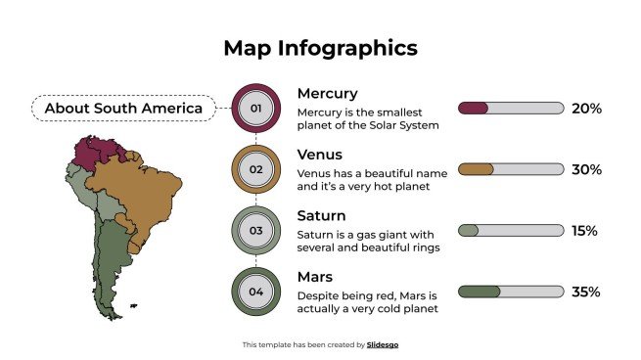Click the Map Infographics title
point(320,48)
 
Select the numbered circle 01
point(256,108)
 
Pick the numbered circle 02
point(256,169)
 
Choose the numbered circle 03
point(256,231)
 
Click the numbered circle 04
point(256,292)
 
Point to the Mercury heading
point(327,94)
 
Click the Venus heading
point(319,155)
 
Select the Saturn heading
point(321,215)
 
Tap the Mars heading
point(315,277)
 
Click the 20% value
point(586,109)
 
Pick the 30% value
point(586,169)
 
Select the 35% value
point(586,292)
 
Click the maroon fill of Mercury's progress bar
point(472,109)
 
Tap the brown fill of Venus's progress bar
point(475,169)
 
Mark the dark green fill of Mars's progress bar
point(478,292)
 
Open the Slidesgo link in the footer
point(383,344)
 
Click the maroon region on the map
point(95,152)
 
